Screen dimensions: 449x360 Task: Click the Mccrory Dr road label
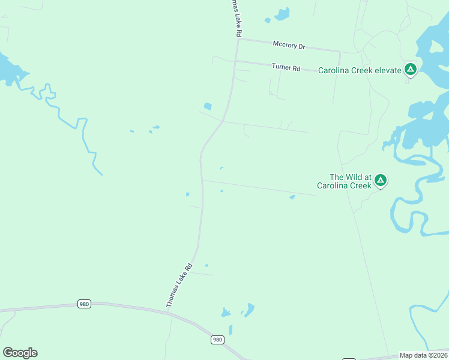[x=289, y=44]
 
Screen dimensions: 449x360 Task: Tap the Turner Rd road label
[x=286, y=68]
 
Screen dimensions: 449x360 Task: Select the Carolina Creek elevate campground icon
[x=411, y=70]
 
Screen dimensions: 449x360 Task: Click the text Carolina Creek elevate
[x=360, y=70]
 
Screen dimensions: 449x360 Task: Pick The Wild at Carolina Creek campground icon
[x=380, y=180]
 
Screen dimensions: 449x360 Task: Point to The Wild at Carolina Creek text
[x=351, y=181]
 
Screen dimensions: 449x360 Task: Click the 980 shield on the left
[x=84, y=304]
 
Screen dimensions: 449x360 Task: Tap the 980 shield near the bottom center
[x=217, y=340]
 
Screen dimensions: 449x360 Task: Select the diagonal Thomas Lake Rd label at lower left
[x=179, y=286]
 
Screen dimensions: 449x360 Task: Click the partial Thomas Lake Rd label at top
[x=234, y=18]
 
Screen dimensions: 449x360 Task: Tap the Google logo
[x=20, y=353]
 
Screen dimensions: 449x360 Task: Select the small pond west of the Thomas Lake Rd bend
[x=208, y=107]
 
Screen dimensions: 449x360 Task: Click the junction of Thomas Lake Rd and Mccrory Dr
[x=238, y=40]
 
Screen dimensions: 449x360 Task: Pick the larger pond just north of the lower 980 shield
[x=249, y=310]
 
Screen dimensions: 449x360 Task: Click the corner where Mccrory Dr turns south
[x=340, y=52]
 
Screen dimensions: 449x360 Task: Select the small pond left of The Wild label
[x=292, y=197]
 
